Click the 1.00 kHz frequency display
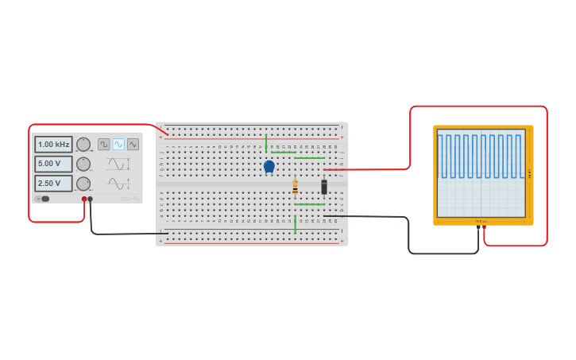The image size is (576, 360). (53, 145)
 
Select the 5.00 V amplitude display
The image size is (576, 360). (53, 164)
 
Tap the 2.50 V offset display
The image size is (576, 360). (53, 184)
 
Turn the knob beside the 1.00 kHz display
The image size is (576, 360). (83, 145)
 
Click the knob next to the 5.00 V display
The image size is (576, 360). (83, 164)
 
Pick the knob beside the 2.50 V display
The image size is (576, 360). (83, 184)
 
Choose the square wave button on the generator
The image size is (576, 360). (104, 145)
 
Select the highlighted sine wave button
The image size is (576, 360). (118, 145)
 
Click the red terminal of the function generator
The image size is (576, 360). (84, 199)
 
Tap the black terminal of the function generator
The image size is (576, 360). (91, 199)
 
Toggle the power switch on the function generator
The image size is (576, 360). (43, 199)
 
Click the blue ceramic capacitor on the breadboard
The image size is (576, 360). (269, 166)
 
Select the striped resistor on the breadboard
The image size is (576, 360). (295, 188)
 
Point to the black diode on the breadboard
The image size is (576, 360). (324, 187)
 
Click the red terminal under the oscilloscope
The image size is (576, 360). (485, 228)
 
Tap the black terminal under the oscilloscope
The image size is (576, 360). (478, 228)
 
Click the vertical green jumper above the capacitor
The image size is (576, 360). (266, 143)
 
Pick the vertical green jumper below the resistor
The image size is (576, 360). (295, 224)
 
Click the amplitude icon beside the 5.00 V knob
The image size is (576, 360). (118, 165)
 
